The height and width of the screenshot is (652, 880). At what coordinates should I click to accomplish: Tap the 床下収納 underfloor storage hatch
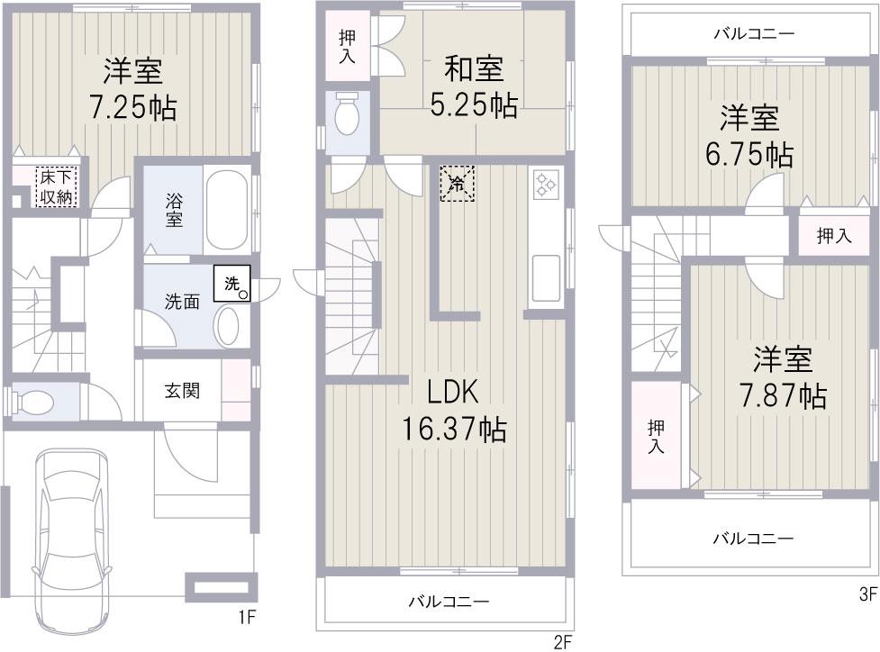click(x=56, y=186)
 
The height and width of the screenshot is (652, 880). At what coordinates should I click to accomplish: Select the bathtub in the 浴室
click(x=227, y=209)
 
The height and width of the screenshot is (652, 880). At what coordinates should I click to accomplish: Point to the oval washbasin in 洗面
click(x=229, y=326)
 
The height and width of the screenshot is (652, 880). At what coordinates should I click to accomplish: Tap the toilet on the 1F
click(x=36, y=401)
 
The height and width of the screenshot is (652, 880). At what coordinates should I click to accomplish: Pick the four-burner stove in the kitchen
click(x=547, y=186)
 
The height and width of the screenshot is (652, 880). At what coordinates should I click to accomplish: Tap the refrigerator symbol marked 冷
click(x=457, y=183)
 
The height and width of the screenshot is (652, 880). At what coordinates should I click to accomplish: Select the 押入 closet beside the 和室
click(x=347, y=46)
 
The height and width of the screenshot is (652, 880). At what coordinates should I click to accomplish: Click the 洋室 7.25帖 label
click(x=132, y=89)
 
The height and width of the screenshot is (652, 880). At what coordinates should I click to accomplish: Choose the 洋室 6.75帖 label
click(x=749, y=136)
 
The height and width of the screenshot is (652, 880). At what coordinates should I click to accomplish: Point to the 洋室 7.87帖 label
click(x=783, y=378)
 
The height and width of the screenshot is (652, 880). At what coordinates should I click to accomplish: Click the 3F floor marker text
click(x=867, y=595)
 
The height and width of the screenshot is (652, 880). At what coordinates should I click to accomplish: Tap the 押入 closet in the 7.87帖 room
click(x=656, y=436)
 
